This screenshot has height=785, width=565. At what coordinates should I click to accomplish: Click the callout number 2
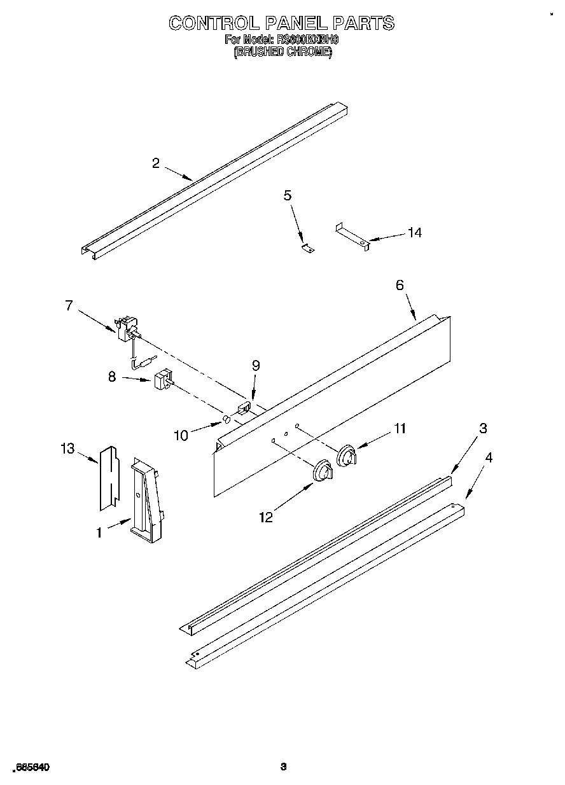156,163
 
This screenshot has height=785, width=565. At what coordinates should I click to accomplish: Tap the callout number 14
414,233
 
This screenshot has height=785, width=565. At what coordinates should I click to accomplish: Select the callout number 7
69,305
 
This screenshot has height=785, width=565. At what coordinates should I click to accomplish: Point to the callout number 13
67,449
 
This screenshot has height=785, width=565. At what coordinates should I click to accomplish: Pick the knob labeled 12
323,471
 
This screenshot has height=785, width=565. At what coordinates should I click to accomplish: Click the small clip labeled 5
308,249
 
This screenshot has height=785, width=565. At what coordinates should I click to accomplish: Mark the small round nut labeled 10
225,420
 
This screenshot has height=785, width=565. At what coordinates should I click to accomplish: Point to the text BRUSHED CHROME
282,53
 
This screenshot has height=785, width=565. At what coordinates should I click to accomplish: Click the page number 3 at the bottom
284,767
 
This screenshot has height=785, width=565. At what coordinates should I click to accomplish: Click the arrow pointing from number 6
407,306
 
